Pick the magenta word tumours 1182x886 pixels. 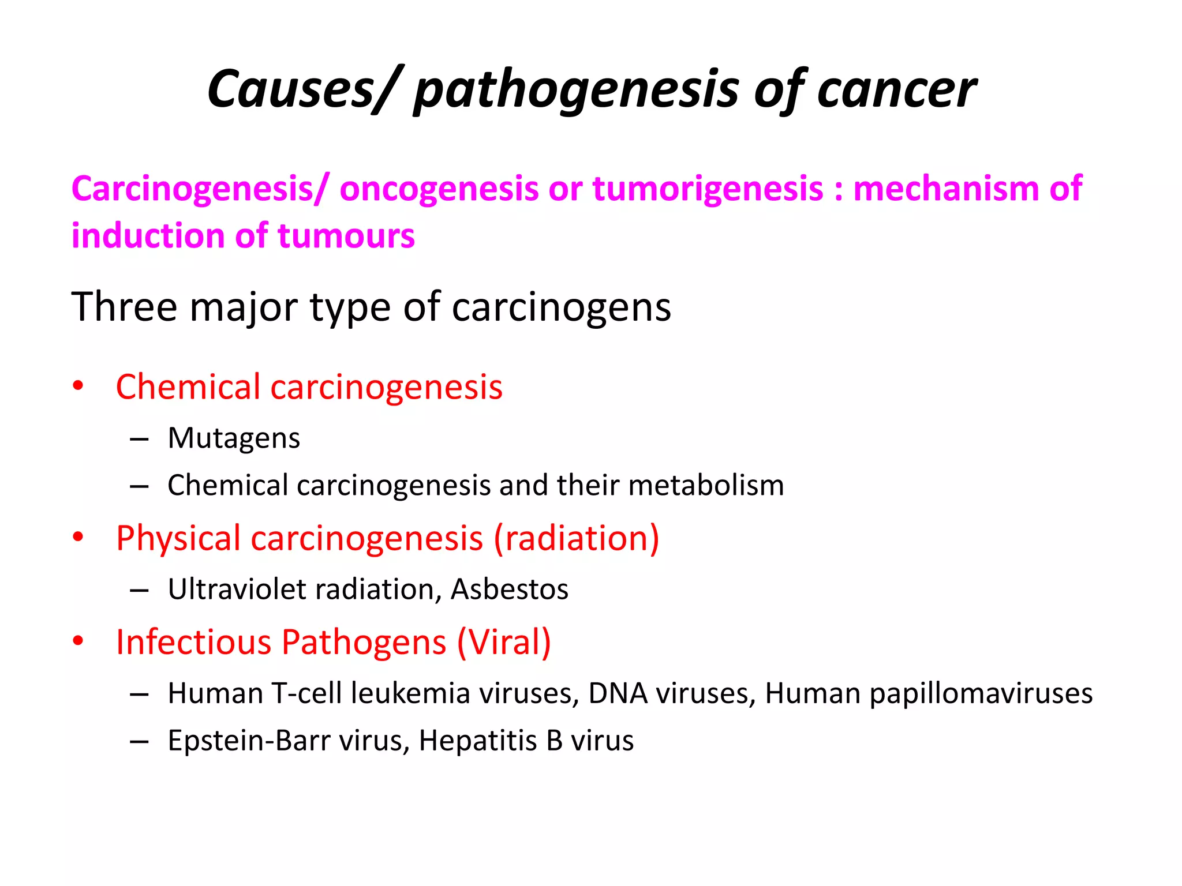click(x=346, y=236)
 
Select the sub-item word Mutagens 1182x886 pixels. click(x=234, y=438)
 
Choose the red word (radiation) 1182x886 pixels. click(x=577, y=538)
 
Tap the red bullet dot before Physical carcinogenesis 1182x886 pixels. click(x=78, y=537)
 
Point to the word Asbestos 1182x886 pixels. click(x=510, y=590)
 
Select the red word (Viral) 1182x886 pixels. click(x=504, y=642)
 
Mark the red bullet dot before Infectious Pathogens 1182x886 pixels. click(x=78, y=641)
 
